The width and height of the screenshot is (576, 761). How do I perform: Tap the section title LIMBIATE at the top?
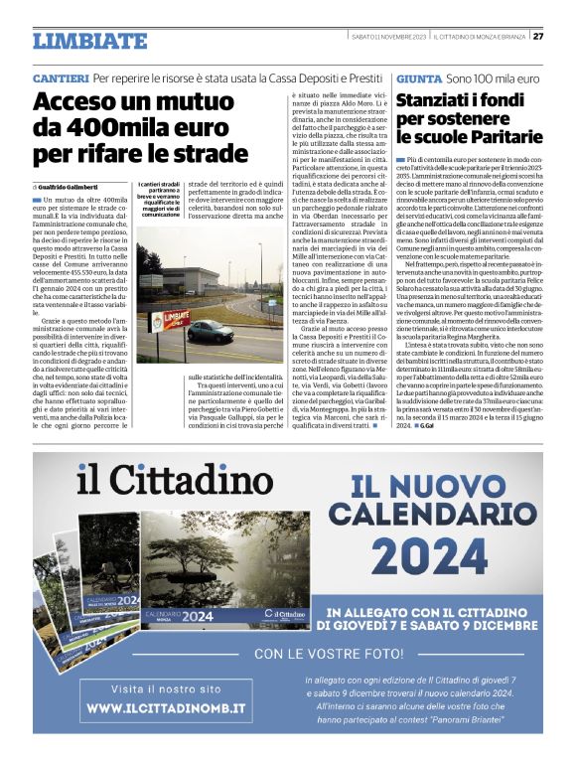88,41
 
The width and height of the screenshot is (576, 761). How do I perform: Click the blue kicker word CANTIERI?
61,77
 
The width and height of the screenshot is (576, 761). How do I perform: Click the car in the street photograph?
210,330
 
